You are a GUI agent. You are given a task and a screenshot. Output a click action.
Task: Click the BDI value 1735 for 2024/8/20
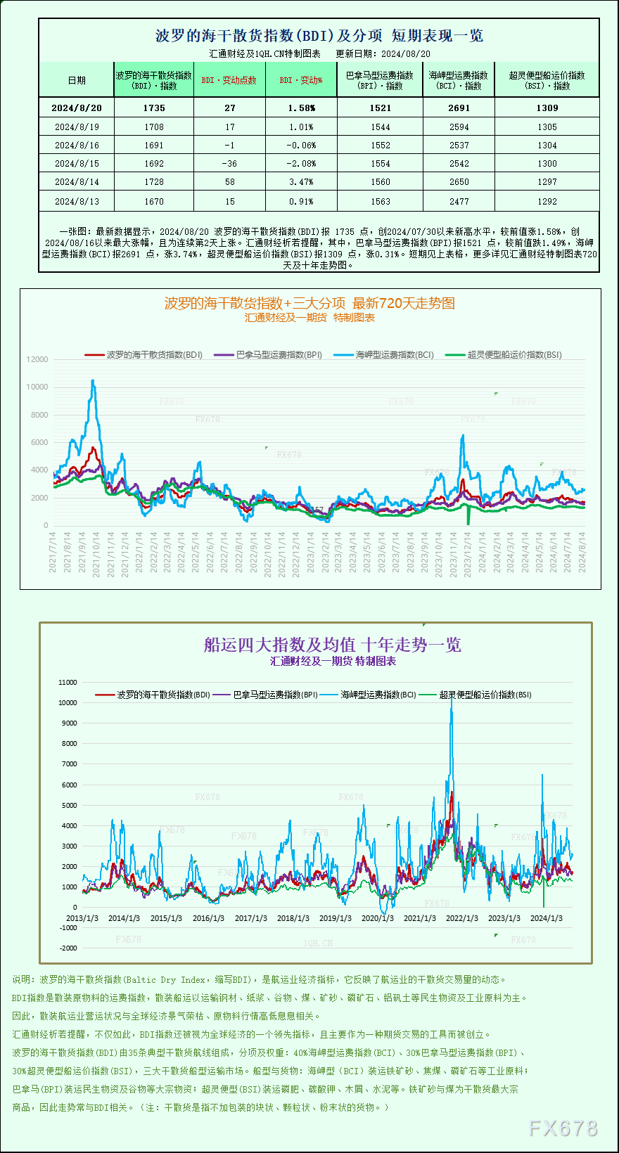coord(153,108)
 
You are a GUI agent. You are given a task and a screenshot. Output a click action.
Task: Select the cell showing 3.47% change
coord(301,182)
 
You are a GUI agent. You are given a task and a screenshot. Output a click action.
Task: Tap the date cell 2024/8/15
coord(77,164)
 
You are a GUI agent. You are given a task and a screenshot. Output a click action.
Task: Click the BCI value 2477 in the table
coord(459,202)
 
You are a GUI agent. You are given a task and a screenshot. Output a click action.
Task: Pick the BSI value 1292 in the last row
coord(547,202)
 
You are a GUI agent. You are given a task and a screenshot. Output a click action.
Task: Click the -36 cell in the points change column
coord(229,164)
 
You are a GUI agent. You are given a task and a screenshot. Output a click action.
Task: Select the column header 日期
coord(77,80)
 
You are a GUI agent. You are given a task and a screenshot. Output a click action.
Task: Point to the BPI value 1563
coord(380,202)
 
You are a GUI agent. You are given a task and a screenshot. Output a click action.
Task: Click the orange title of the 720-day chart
coord(309,303)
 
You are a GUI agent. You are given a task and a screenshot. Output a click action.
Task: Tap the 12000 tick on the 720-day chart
coord(37,359)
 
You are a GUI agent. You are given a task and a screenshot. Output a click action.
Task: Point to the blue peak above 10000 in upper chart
coord(93,382)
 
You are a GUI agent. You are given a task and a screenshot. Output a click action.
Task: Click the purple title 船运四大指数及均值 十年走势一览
coord(332,645)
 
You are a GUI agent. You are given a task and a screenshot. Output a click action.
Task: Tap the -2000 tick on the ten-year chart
coord(68,948)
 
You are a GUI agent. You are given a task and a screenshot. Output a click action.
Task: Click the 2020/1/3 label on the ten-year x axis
coord(377,918)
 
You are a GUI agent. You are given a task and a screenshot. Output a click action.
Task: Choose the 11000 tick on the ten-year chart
coord(68,682)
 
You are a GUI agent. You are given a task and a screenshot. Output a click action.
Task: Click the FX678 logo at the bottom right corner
coord(563,1128)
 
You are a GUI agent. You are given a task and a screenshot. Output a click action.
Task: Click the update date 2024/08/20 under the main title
coord(406,53)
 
